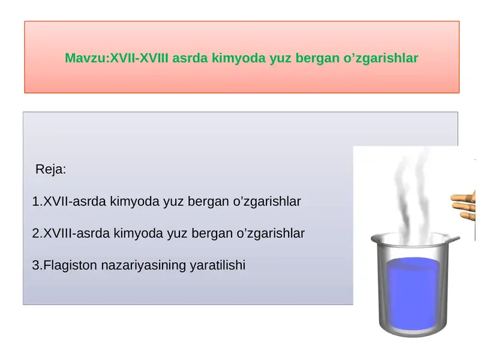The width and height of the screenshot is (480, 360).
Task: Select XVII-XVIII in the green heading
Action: point(139,58)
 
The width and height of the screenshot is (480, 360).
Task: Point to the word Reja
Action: point(49,169)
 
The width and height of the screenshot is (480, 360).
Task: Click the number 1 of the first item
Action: point(35,202)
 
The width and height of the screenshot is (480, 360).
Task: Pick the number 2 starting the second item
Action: point(36,233)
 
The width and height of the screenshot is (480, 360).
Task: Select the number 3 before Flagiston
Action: point(36,265)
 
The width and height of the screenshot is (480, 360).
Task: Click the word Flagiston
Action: point(70,265)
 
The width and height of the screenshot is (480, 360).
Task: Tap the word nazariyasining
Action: point(143,265)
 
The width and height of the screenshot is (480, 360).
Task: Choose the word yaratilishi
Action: point(218,265)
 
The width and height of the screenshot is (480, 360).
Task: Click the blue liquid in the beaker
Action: point(413,294)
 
